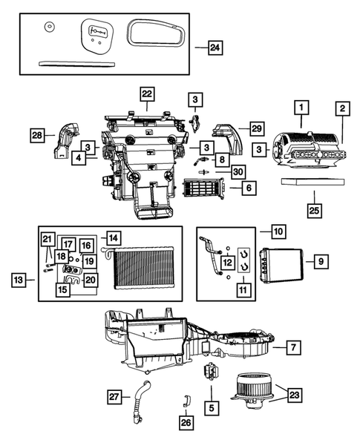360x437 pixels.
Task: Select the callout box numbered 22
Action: coord(147,94)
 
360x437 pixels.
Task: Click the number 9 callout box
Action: coord(321,261)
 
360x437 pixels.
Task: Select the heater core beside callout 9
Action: coord(280,263)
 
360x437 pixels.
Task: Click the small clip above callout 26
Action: coord(185,403)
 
